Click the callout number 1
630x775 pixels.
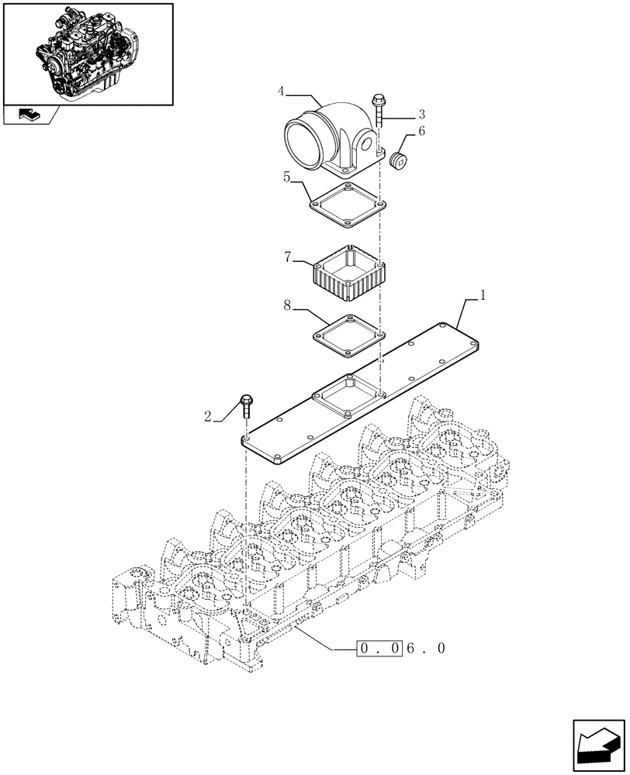coord(483,295)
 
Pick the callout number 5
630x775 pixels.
coord(287,177)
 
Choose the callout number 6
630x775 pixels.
coord(421,132)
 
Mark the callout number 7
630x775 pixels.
coord(288,257)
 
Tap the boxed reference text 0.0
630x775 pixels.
coord(379,648)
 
